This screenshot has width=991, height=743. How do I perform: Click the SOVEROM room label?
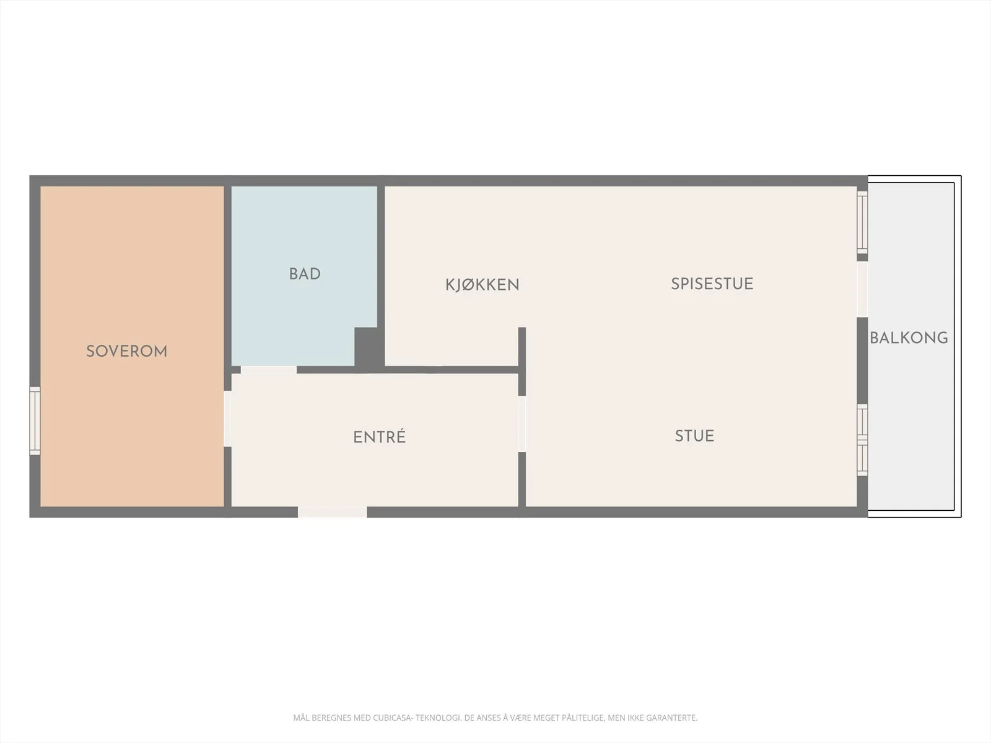pyautogui.click(x=126, y=352)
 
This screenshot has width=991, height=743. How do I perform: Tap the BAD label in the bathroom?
pyautogui.click(x=305, y=274)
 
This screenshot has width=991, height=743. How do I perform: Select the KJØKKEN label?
pyautogui.click(x=482, y=285)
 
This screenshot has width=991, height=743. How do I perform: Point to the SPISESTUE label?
pyautogui.click(x=712, y=284)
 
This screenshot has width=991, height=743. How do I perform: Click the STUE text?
pyautogui.click(x=694, y=436)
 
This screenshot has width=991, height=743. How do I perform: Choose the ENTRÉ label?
pyautogui.click(x=379, y=437)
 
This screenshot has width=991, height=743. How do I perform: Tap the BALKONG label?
pyautogui.click(x=909, y=338)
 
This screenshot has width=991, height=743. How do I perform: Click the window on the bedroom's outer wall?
pyautogui.click(x=35, y=420)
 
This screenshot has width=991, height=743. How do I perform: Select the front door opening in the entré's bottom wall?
pyautogui.click(x=332, y=511)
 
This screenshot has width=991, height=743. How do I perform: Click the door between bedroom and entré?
pyautogui.click(x=227, y=419)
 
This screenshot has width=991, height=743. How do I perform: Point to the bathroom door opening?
pyautogui.click(x=269, y=370)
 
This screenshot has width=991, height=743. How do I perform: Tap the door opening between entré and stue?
pyautogui.click(x=522, y=424)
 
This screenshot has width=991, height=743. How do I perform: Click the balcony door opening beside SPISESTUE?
pyautogui.click(x=862, y=289)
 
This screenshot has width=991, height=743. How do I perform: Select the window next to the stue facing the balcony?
pyautogui.click(x=862, y=440)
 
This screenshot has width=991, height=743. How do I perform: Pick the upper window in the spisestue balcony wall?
pyautogui.click(x=862, y=222)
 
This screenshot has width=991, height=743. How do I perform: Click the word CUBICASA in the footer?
pyautogui.click(x=393, y=717)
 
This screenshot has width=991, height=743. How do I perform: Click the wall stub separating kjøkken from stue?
pyautogui.click(x=522, y=362)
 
